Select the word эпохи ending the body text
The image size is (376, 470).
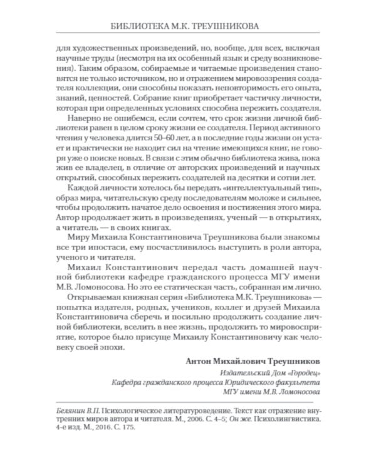(x=113, y=346)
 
